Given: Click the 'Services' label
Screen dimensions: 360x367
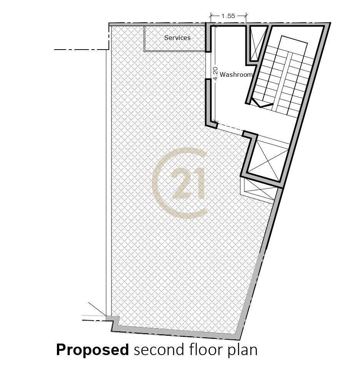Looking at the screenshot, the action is (x=177, y=38).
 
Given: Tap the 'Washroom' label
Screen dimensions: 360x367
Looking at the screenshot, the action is (x=236, y=75).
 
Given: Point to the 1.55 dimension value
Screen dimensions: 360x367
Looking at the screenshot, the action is (x=228, y=16).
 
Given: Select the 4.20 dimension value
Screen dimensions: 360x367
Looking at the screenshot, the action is (x=215, y=74).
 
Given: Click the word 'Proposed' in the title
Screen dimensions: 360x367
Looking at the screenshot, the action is (x=92, y=350).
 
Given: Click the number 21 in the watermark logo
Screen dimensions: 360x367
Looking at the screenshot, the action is (x=187, y=183).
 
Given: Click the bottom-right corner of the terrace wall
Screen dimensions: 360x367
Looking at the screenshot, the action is (x=241, y=340).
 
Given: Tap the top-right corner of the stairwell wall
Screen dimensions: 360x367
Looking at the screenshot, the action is (x=330, y=23).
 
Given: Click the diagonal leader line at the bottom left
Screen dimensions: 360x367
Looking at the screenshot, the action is (x=97, y=309).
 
